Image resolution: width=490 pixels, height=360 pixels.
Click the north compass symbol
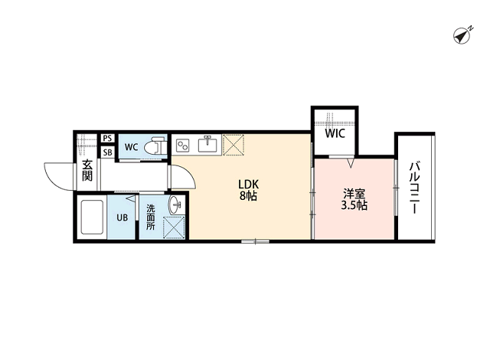[x=462, y=35]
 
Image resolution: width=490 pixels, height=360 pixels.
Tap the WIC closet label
[x=335, y=133]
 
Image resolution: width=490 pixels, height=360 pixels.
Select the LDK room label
[x=248, y=184]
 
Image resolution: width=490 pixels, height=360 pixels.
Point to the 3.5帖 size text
[x=354, y=205]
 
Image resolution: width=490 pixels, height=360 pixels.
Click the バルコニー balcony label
[x=414, y=188]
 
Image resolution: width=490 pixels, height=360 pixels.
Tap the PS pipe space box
[x=107, y=138]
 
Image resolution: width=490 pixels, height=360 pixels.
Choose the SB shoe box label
[x=107, y=152]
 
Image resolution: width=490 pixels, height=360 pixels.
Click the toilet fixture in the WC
[x=155, y=146]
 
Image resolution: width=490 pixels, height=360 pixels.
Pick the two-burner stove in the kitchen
[x=182, y=146]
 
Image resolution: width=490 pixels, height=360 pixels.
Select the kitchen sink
[x=206, y=144]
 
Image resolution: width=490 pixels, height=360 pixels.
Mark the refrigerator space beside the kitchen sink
[x=233, y=145]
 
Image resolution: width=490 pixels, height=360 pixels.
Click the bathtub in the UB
[x=92, y=218]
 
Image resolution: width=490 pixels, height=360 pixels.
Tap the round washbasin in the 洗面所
[x=175, y=205]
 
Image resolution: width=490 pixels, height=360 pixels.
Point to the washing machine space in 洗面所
[x=174, y=227]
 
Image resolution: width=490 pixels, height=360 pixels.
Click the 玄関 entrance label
[x=87, y=170]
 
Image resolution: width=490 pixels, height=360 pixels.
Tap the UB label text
[x=122, y=218]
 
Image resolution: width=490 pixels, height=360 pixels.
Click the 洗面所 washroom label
[x=151, y=217]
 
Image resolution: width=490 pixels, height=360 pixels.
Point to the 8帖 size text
[x=248, y=195]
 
